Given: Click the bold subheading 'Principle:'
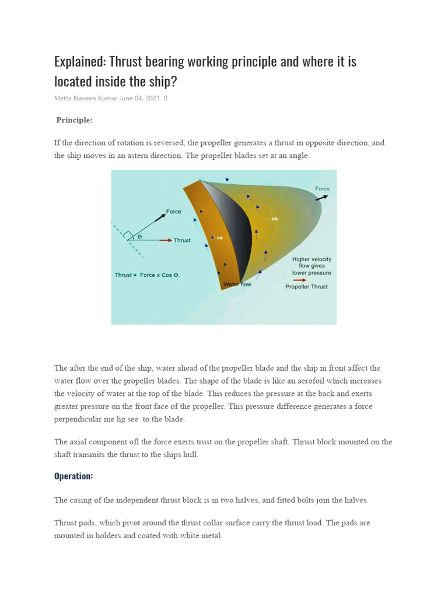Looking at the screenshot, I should (74, 120).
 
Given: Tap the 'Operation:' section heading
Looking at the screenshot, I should (73, 476).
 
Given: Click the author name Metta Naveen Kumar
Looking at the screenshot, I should (86, 98).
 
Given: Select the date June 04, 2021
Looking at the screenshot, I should (139, 98).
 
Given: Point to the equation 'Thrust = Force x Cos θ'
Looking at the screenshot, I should (147, 275).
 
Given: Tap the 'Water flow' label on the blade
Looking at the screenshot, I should (237, 285).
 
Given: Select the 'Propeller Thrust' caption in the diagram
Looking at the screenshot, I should (306, 287).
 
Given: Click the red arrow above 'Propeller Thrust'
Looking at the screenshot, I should (300, 279).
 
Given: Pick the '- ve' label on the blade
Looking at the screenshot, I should (272, 219).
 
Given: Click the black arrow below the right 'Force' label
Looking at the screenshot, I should (321, 198).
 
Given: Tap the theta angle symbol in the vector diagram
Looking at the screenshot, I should (139, 237).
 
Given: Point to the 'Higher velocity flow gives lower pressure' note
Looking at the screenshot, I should (311, 266).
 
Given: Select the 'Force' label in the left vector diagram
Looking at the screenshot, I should (174, 212).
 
